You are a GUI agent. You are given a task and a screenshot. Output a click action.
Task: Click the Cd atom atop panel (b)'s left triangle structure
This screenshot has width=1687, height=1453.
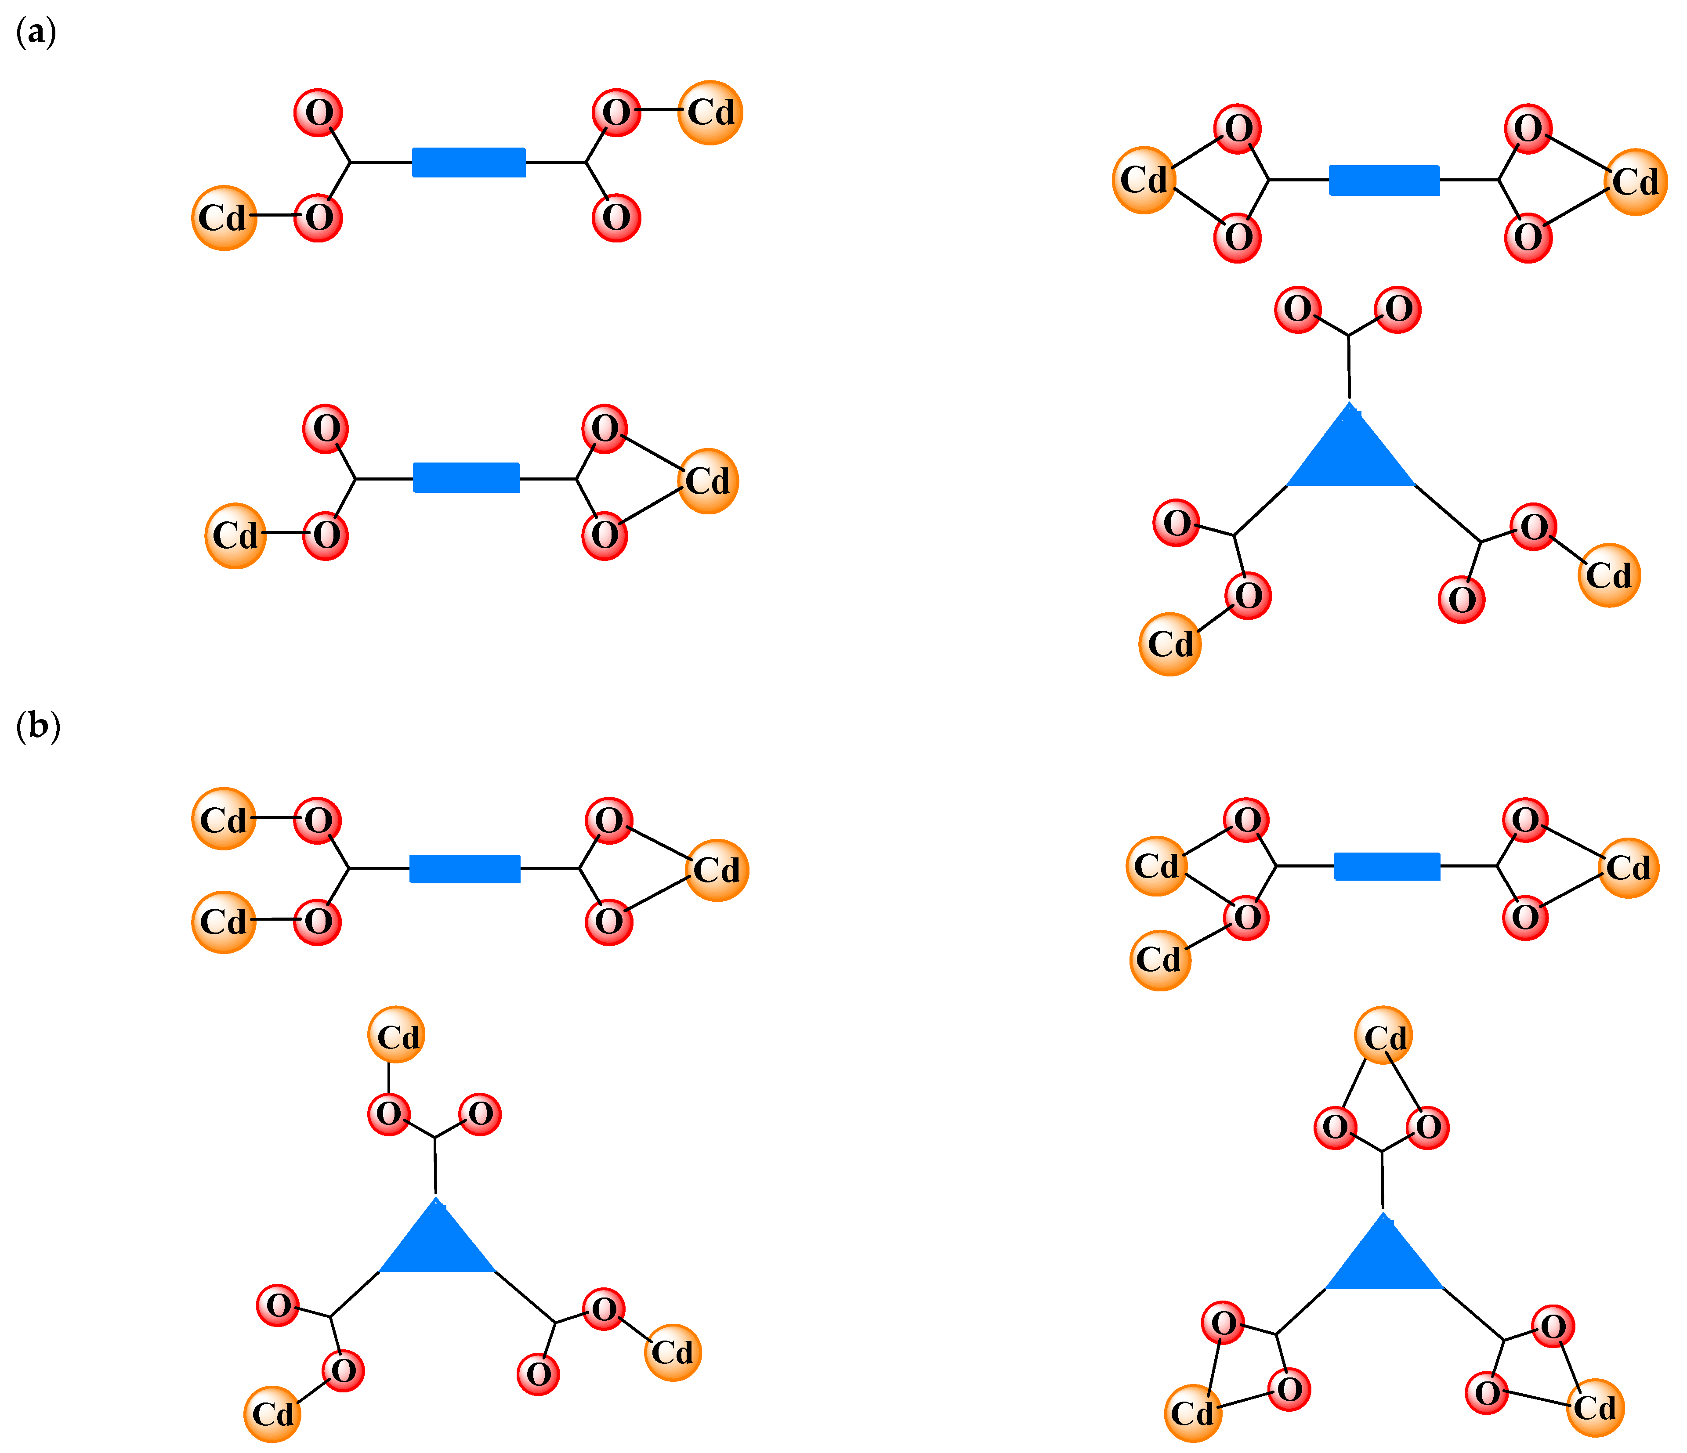coord(397,1036)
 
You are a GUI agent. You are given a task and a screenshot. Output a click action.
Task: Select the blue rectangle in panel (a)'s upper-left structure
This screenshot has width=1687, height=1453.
coord(468,162)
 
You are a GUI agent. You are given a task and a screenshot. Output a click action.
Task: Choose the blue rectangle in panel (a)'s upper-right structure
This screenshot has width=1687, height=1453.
coord(1384,180)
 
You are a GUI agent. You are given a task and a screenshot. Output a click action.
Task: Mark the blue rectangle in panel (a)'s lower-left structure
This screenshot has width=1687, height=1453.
coord(466,478)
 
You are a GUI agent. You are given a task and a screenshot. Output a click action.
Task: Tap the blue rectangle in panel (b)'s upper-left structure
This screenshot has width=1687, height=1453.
coord(464,868)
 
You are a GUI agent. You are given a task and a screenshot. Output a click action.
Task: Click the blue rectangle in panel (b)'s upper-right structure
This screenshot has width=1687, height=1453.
coord(1387,866)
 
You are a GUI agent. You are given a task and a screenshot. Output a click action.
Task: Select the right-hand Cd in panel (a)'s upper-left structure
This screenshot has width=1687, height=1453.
coord(710,112)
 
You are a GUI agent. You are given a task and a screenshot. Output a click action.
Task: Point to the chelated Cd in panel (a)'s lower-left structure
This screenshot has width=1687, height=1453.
coord(708,481)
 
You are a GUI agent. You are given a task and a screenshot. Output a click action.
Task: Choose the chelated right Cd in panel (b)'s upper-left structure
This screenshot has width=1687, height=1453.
coord(717,870)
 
